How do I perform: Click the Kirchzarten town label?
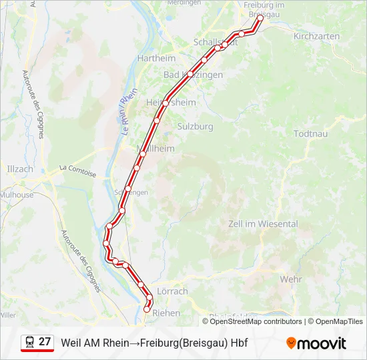tap(316, 36)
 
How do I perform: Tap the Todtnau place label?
tap(311, 133)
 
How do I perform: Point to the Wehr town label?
tap(292, 279)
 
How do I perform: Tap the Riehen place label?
tap(166, 312)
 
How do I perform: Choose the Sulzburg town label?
tap(196, 126)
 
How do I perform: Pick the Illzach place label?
tap(19, 169)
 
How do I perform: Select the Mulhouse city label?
tap(17, 195)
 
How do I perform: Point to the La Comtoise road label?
tap(77, 171)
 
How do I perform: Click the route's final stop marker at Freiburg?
tap(260, 19)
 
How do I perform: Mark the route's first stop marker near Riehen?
tap(147, 309)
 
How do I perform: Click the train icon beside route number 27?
tap(29, 343)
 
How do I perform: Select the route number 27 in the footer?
tap(45, 342)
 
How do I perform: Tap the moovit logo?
tap(316, 343)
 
